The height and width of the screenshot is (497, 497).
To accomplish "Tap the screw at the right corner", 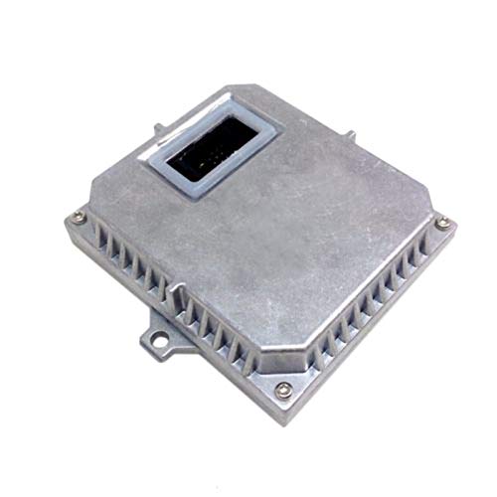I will click(x=441, y=223).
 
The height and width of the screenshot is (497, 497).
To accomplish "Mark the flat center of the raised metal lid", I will click(x=288, y=229).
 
